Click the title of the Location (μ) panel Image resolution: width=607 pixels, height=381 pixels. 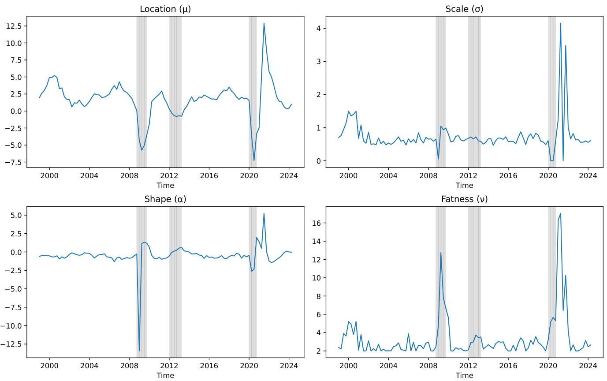(x=165, y=9)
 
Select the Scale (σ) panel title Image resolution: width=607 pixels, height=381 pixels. (x=464, y=9)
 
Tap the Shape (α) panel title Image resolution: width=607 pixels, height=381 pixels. (x=165, y=199)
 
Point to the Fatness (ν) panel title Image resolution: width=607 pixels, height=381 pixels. (x=464, y=199)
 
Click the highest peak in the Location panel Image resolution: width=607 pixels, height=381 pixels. (x=264, y=23)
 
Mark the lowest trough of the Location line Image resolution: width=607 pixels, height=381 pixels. (x=254, y=161)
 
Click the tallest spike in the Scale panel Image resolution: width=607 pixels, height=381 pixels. (x=561, y=23)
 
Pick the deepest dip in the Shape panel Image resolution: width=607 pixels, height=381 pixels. (x=139, y=351)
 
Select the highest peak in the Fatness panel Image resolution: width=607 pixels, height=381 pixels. (x=561, y=213)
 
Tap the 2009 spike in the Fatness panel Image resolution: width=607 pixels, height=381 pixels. (x=441, y=253)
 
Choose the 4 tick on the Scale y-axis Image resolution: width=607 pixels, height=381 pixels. (x=324, y=28)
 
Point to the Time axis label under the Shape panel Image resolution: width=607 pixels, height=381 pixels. (x=165, y=375)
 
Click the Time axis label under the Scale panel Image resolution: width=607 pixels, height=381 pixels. (x=464, y=185)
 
